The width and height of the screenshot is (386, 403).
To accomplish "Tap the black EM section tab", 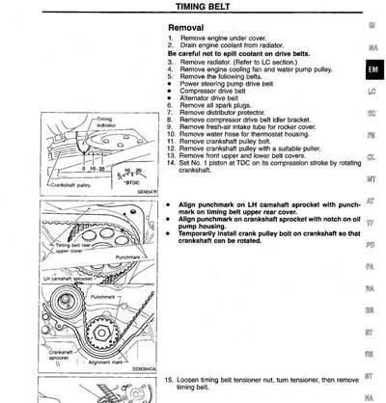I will (372, 71).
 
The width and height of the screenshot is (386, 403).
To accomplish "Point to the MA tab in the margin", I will (372, 47).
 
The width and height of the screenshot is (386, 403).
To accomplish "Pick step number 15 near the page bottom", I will (170, 381).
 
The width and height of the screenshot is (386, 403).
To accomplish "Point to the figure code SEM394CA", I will (142, 369).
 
